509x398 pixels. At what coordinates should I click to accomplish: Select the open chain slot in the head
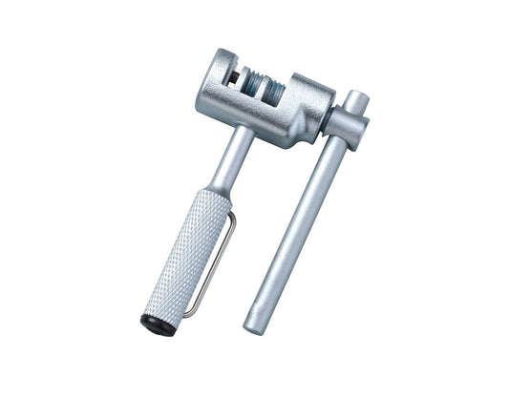tap(235, 76)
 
